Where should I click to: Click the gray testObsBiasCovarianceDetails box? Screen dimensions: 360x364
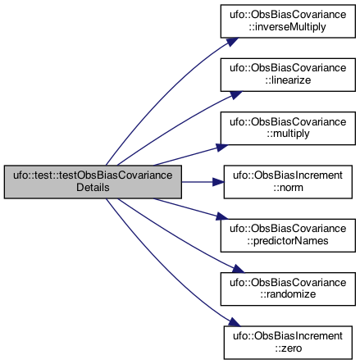click(93, 182)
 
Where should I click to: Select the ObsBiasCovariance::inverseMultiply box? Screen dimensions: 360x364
click(288, 21)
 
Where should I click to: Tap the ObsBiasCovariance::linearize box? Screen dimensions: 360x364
click(288, 75)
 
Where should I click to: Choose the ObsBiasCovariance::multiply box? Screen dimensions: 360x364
click(288, 128)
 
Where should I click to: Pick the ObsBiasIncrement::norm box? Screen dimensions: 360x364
click(288, 182)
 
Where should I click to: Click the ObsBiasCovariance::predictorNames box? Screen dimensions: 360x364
click(288, 235)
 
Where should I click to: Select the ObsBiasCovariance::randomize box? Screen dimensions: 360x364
click(288, 289)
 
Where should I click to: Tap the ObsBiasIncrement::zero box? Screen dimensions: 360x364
click(288, 343)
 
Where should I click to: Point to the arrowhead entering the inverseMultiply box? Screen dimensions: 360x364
click(232, 42)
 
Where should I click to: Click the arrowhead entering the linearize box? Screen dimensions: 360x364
click(235, 95)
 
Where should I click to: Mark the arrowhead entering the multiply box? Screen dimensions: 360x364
click(222, 148)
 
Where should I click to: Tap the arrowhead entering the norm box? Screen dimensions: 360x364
click(218, 182)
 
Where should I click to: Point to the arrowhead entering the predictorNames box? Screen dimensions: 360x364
click(222, 216)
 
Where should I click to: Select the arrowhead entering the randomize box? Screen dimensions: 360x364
click(238, 269)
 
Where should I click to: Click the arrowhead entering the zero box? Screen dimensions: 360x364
click(235, 322)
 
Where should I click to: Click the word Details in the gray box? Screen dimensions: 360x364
click(93, 188)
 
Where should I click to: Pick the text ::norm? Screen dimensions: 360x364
click(288, 188)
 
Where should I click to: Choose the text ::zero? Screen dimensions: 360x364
click(289, 348)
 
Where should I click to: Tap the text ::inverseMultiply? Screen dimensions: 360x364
click(287, 27)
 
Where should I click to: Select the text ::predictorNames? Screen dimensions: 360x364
click(288, 241)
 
